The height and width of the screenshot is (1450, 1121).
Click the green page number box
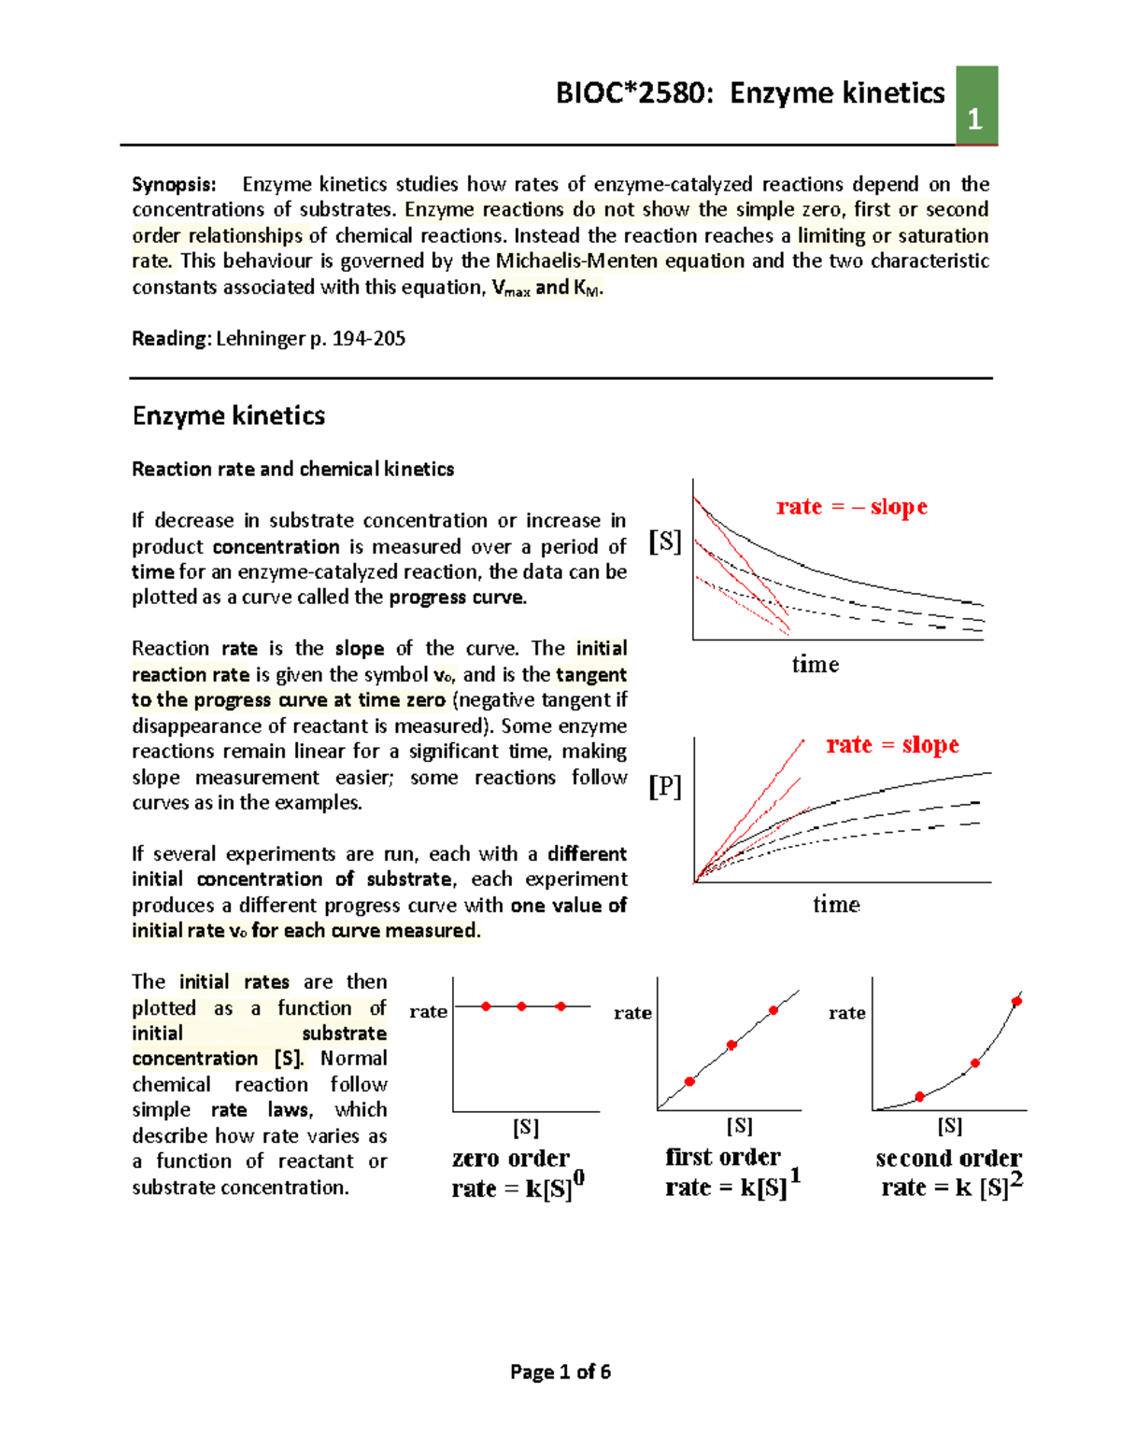tap(976, 106)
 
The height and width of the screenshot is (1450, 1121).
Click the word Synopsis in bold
tap(174, 184)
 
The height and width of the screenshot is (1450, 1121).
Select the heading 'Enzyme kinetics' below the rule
tap(229, 415)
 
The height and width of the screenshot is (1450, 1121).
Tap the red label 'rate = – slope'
tap(851, 506)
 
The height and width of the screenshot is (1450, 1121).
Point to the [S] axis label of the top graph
tap(665, 542)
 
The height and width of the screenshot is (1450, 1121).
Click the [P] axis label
tap(665, 786)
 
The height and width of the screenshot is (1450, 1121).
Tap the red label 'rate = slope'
tap(892, 744)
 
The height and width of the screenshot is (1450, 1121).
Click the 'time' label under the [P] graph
tap(835, 904)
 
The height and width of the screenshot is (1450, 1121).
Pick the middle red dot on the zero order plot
tap(521, 1007)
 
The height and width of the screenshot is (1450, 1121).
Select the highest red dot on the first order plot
tap(773, 1010)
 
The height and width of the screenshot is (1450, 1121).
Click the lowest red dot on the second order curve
tap(919, 1096)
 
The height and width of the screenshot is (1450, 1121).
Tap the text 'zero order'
tap(510, 1158)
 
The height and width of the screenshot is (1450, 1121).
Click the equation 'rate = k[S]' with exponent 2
tap(950, 1187)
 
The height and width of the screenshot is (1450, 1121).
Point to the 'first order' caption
tap(722, 1157)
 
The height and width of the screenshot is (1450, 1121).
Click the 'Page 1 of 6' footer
tap(560, 1372)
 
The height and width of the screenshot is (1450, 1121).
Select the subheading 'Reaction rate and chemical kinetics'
tap(292, 469)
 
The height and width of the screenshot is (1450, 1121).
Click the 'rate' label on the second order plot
tap(846, 1013)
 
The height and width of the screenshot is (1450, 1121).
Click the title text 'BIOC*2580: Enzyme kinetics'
tap(750, 92)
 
